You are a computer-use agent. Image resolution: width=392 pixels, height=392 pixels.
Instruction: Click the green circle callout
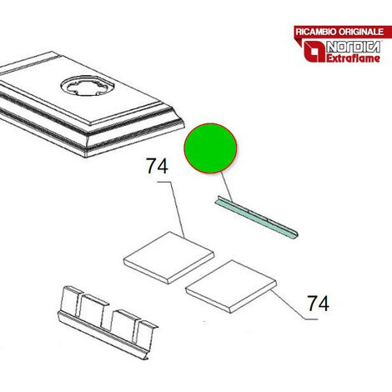pos(210,148)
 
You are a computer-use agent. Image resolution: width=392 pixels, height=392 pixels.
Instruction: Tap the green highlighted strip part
pos(256,218)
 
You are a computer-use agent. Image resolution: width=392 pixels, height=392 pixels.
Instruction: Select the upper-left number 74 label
pos(158,166)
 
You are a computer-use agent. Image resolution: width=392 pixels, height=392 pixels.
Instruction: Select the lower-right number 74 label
pos(319,303)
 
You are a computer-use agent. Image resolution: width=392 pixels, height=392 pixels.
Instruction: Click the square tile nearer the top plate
pos(168,258)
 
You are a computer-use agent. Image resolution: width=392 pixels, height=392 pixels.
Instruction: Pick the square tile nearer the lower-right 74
pos(231,287)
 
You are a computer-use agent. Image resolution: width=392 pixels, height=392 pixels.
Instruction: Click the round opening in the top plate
pos(88,85)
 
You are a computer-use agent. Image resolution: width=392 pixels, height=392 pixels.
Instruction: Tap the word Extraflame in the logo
pos(353,58)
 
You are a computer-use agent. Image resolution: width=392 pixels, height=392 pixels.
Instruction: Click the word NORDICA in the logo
pos(353,48)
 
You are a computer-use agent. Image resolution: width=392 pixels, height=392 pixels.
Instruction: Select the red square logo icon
pos(314,52)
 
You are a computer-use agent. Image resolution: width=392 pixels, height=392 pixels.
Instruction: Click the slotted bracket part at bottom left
pos(108,323)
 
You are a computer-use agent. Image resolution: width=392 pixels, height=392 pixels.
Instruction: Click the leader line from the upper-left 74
pos(173,206)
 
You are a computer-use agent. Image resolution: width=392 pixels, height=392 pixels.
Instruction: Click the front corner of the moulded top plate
pos(86,156)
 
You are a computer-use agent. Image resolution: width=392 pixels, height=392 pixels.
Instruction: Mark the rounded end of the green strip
pos(294,235)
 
